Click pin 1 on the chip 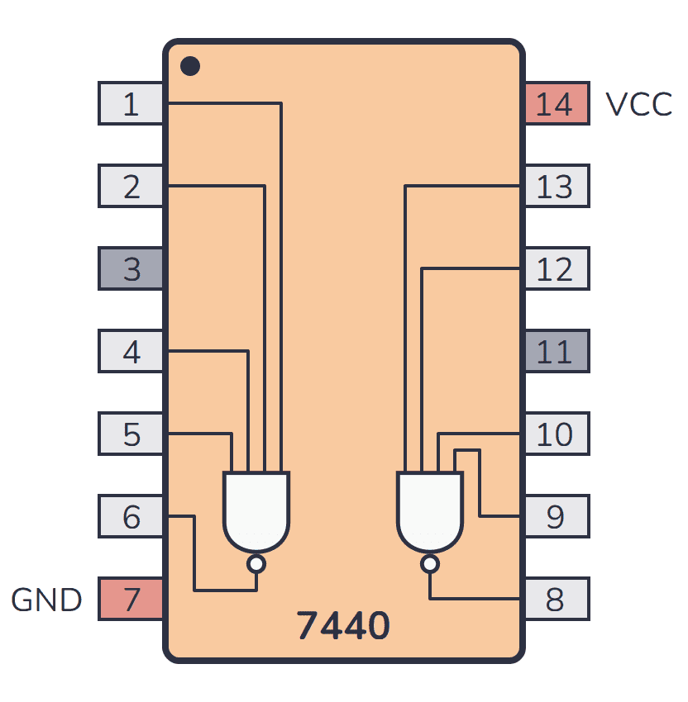pyautogui.click(x=131, y=104)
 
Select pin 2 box pyautogui.click(x=131, y=187)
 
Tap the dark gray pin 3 pyautogui.click(x=131, y=269)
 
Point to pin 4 pyautogui.click(x=131, y=352)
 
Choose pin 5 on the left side pyautogui.click(x=131, y=434)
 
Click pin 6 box pyautogui.click(x=131, y=517)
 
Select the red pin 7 pyautogui.click(x=131, y=600)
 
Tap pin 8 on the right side pyautogui.click(x=556, y=600)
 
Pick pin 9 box pyautogui.click(x=556, y=517)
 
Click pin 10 pyautogui.click(x=556, y=434)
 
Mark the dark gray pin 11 pyautogui.click(x=556, y=352)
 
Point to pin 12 pyautogui.click(x=556, y=269)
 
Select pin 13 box pyautogui.click(x=556, y=187)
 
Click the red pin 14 pyautogui.click(x=556, y=104)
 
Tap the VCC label pyautogui.click(x=638, y=105)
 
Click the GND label pyautogui.click(x=46, y=600)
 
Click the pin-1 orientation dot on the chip pyautogui.click(x=190, y=65)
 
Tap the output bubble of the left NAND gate pyautogui.click(x=256, y=564)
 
